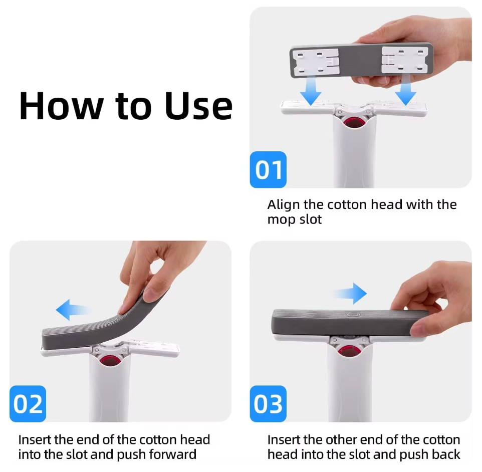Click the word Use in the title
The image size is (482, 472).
coord(198,106)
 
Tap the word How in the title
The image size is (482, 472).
coord(61,106)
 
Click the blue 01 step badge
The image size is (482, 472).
coord(268,169)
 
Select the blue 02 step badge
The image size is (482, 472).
coord(28,403)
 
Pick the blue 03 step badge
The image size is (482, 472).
coord(268,403)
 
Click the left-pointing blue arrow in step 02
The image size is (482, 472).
coord(74,310)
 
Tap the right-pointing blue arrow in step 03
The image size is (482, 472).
coord(350,294)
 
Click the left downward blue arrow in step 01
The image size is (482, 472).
coord(311,90)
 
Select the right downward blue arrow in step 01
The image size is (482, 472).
coord(405,90)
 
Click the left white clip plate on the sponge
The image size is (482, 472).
coord(315,62)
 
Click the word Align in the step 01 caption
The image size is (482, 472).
coord(284,205)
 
